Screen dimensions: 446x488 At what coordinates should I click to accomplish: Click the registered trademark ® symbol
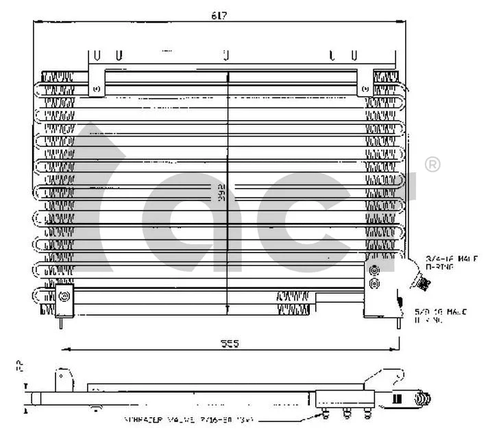(x=432, y=164)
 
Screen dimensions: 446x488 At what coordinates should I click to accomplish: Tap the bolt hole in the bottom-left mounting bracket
(x=64, y=296)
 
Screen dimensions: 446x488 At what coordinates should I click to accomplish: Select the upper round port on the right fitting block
(x=374, y=270)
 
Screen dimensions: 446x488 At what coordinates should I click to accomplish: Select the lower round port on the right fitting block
(x=374, y=283)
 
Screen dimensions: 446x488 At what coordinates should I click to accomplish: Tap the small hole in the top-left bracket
(x=96, y=89)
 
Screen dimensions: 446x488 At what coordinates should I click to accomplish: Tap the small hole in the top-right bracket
(x=365, y=89)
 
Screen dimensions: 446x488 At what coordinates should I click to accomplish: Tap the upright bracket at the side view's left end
(x=64, y=377)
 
